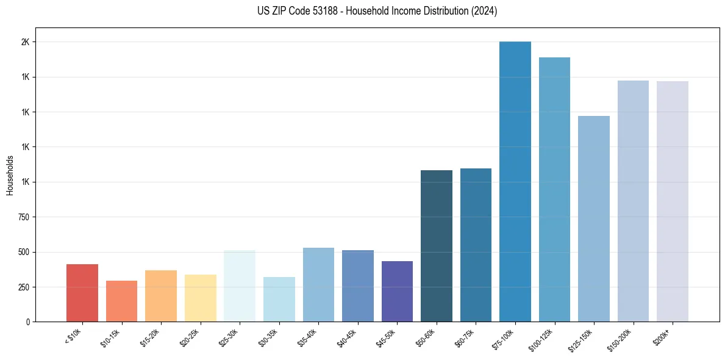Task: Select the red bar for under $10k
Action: coord(82,293)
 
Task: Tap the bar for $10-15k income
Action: coord(121,301)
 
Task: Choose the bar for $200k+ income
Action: coord(673,201)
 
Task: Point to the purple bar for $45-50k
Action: coord(397,291)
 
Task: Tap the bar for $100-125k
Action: coord(554,189)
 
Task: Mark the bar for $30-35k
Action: coord(279,299)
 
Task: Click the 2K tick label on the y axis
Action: coord(26,42)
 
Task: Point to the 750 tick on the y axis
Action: coord(24,217)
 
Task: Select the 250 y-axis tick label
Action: coord(24,287)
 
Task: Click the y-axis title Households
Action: coord(10,175)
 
